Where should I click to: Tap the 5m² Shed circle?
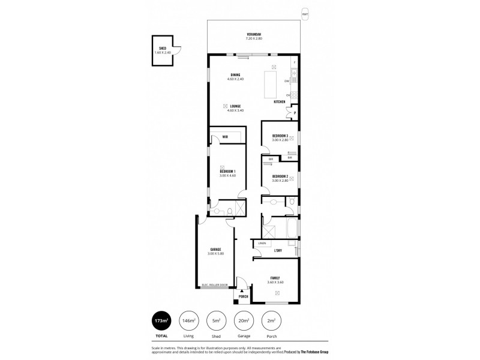(x=215, y=321)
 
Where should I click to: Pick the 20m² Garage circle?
(x=243, y=321)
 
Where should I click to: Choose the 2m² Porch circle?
(x=271, y=321)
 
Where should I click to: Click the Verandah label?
(x=254, y=34)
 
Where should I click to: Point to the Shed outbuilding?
(x=163, y=51)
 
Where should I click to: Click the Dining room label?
(x=235, y=75)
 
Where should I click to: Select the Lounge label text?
(x=235, y=106)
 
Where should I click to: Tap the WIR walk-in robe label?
(x=225, y=137)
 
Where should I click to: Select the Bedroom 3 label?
(x=280, y=136)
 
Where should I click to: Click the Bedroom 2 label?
(x=280, y=176)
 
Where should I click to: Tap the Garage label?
(x=215, y=250)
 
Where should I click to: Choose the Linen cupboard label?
(x=262, y=243)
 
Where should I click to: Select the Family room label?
(x=275, y=278)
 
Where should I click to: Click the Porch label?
(x=243, y=296)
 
